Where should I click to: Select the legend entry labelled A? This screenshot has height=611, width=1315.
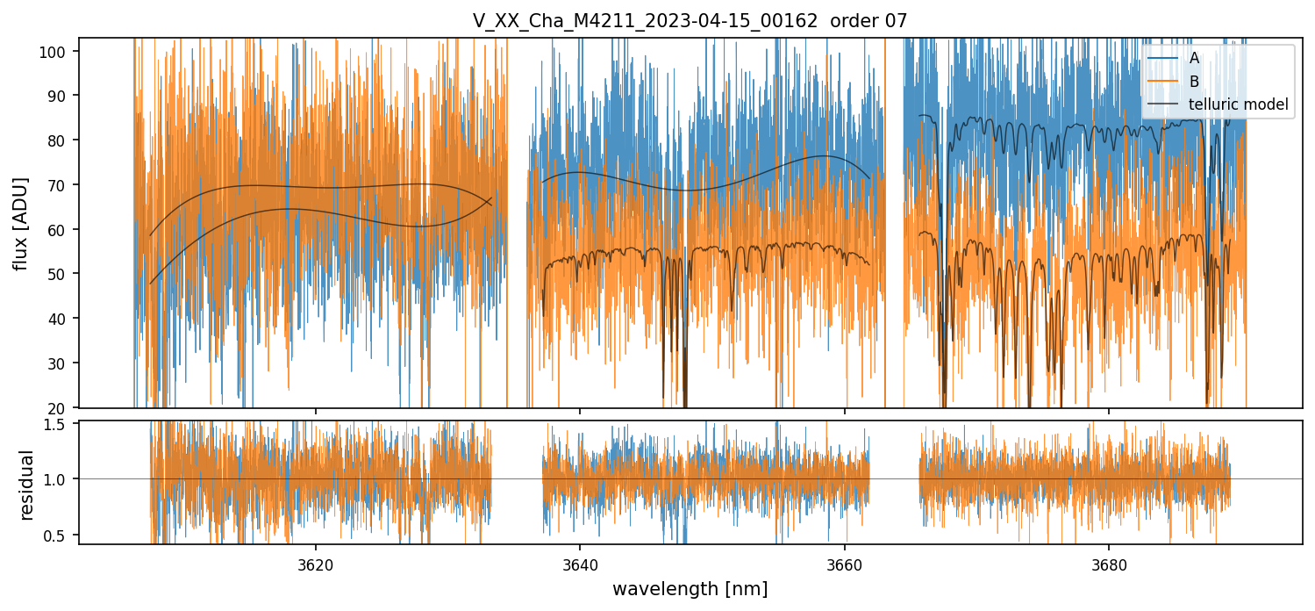[x=1194, y=58]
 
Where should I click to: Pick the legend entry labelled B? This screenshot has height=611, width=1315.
[x=1194, y=82]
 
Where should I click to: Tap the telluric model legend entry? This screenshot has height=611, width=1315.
[x=1237, y=104]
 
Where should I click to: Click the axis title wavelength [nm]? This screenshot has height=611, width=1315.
[x=690, y=589]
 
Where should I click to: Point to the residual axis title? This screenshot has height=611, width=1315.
[x=26, y=484]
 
